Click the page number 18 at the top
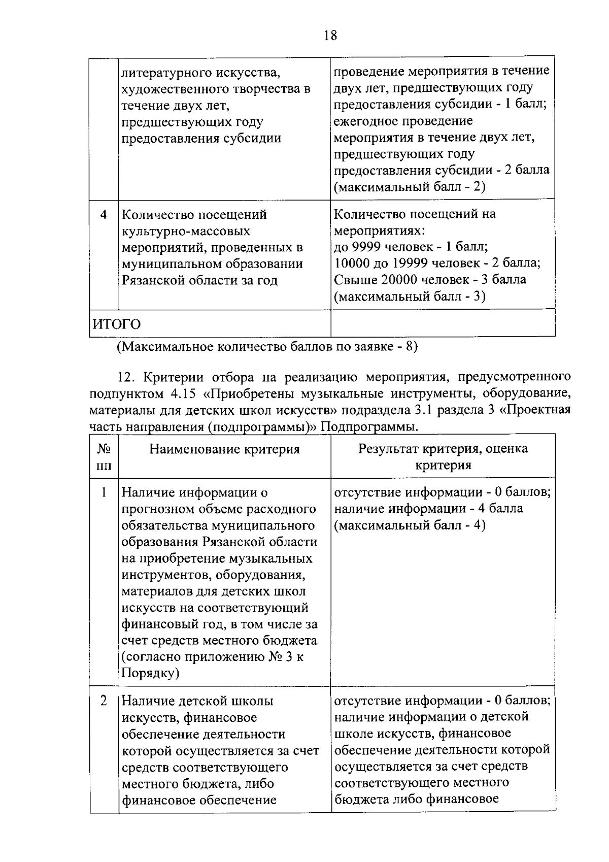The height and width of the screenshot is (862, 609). [330, 36]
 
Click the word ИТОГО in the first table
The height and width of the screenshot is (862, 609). [116, 324]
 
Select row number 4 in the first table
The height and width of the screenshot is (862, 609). [104, 215]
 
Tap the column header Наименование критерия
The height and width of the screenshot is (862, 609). [224, 449]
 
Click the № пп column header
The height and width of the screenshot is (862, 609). [104, 457]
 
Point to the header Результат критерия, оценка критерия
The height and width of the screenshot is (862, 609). [443, 457]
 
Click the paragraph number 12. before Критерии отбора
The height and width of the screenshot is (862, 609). [125, 377]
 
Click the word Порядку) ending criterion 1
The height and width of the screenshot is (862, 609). [150, 673]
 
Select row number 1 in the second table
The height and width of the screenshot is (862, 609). [104, 492]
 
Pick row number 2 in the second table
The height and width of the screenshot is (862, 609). [104, 701]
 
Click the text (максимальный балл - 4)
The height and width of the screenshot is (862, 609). [410, 525]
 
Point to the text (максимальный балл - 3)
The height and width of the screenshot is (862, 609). [410, 296]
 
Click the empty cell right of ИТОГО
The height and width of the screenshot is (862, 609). [443, 324]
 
